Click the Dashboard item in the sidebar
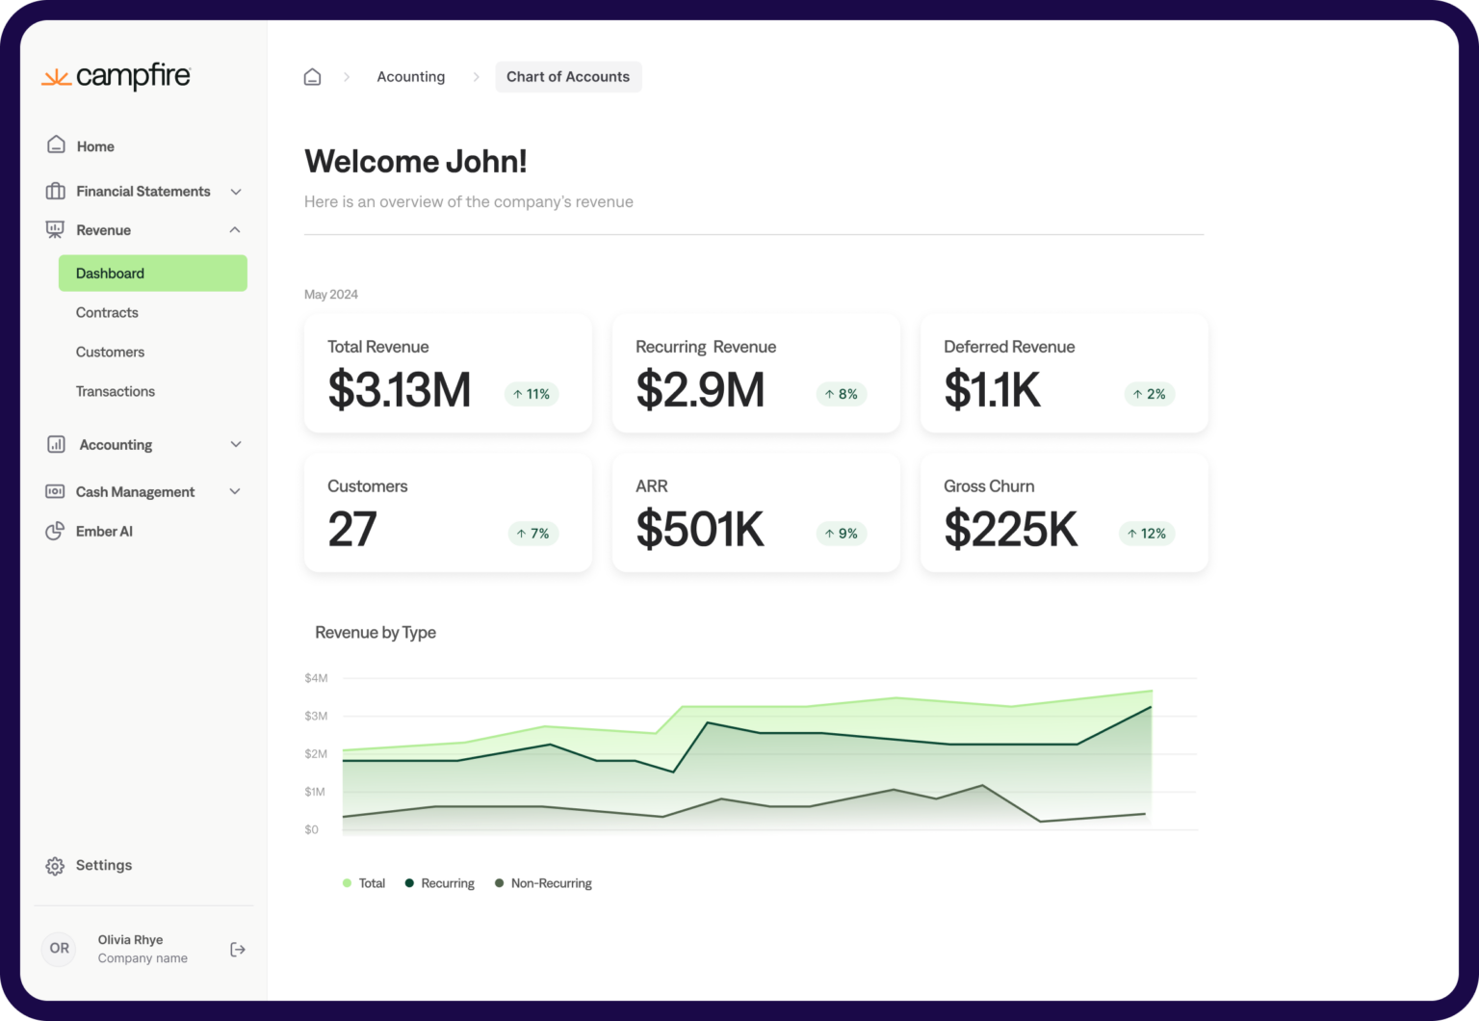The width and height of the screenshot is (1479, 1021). [152, 274]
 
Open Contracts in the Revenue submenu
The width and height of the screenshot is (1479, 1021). [107, 313]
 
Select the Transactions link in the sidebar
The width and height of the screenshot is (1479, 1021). [116, 392]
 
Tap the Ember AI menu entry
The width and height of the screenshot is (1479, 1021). [104, 532]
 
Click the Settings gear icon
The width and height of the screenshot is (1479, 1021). [55, 866]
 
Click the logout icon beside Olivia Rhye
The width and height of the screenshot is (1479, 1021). [238, 950]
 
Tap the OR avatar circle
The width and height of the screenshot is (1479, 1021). [60, 949]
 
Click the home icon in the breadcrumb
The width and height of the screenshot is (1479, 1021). [312, 77]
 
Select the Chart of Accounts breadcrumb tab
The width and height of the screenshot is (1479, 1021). [568, 77]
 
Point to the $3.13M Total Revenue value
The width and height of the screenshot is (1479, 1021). [399, 390]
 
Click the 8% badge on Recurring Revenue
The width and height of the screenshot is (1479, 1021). [841, 394]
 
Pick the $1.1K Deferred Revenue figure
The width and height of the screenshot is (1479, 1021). [992, 390]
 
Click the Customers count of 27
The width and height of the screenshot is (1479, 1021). [352, 530]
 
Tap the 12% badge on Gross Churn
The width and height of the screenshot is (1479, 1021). [1146, 534]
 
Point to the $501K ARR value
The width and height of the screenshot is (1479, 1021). [700, 530]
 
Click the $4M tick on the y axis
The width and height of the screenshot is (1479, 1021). [316, 678]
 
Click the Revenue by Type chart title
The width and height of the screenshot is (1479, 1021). [376, 633]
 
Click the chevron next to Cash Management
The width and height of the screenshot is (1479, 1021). [235, 492]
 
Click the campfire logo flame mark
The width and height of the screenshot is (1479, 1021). [56, 78]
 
